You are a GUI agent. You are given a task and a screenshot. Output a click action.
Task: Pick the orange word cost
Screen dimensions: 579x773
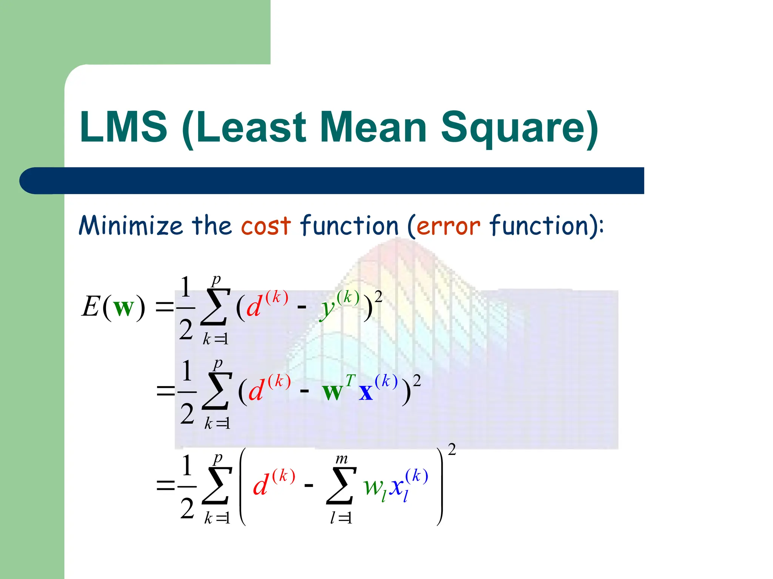[x=266, y=226]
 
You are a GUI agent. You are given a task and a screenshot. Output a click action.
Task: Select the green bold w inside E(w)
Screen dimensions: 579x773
[x=123, y=308]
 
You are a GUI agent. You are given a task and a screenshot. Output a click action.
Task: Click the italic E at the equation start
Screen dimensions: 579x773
[x=91, y=306]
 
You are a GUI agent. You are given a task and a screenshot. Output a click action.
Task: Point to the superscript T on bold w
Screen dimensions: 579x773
[x=350, y=381]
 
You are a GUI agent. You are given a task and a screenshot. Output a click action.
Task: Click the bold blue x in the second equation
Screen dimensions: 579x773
[x=365, y=392]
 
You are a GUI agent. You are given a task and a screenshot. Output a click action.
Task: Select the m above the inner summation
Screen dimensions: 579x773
[x=341, y=459]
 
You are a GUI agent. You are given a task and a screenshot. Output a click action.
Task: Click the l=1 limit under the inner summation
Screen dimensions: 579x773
[x=341, y=518]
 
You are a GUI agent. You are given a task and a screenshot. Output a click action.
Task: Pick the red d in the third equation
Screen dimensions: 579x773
[x=260, y=485]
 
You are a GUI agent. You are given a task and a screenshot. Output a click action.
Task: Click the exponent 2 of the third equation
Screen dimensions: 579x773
[x=451, y=449]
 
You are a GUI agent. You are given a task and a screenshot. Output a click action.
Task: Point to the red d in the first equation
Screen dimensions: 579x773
[x=254, y=306]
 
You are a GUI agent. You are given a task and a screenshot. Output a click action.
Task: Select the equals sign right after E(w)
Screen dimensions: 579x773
[x=165, y=307]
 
